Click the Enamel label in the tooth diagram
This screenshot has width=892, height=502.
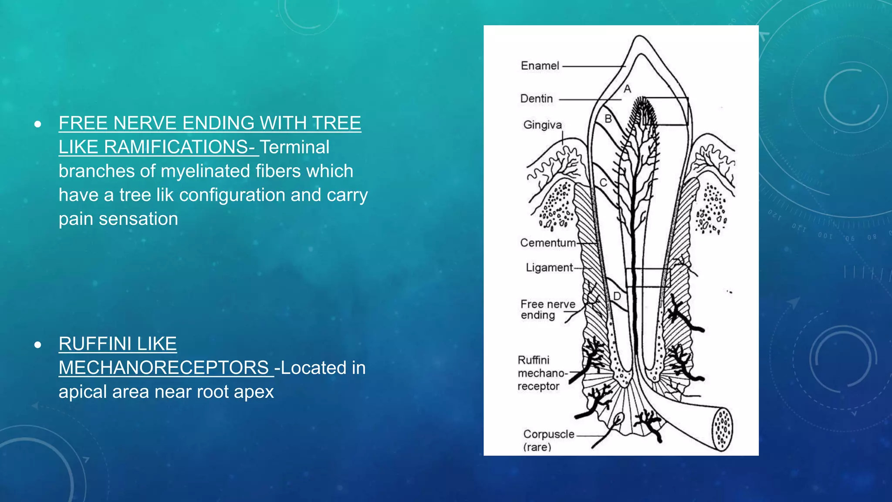point(540,66)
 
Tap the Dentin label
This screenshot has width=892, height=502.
point(536,99)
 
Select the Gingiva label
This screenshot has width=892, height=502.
point(542,125)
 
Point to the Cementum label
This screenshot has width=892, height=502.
point(547,243)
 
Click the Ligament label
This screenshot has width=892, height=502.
point(549,268)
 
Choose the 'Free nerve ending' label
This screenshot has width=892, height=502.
point(547,309)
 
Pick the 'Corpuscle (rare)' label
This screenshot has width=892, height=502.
point(548,440)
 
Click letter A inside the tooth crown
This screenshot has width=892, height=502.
point(627,89)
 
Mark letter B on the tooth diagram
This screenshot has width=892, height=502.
point(608,119)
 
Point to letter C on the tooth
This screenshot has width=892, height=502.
point(603,183)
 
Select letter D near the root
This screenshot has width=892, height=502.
point(617,296)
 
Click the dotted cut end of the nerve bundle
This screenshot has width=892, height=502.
point(722,429)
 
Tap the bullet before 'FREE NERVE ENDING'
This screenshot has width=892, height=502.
point(38,124)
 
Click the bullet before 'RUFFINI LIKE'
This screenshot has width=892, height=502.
point(38,345)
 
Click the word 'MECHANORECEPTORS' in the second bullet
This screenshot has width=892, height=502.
point(164,368)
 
